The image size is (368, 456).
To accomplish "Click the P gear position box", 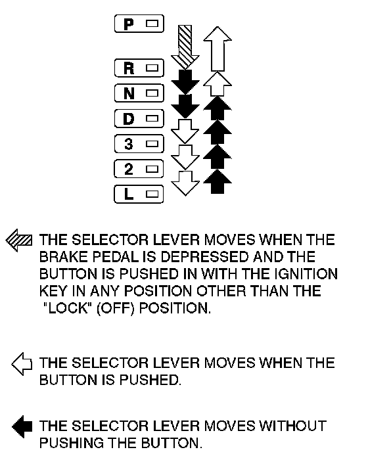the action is [139, 24].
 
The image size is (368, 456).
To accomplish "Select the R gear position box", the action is [139, 68].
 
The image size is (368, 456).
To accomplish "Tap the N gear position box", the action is [139, 93].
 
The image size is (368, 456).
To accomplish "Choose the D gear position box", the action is [139, 118].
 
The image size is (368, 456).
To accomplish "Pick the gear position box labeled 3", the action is [139, 144].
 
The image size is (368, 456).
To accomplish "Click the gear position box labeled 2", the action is [139, 169].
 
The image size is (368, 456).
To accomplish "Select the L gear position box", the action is [139, 194].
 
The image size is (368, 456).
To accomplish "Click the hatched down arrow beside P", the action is [185, 47].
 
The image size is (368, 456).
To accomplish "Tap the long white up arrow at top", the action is [218, 49].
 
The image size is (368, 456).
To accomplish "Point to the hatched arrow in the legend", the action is [19, 240].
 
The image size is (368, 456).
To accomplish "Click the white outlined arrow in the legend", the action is [22, 364].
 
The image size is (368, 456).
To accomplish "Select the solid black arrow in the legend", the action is [22, 426].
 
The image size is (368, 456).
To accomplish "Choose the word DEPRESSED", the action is [205, 257].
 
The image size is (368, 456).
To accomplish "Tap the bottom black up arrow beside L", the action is [218, 181].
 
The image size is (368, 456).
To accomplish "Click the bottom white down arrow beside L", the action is [185, 183].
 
